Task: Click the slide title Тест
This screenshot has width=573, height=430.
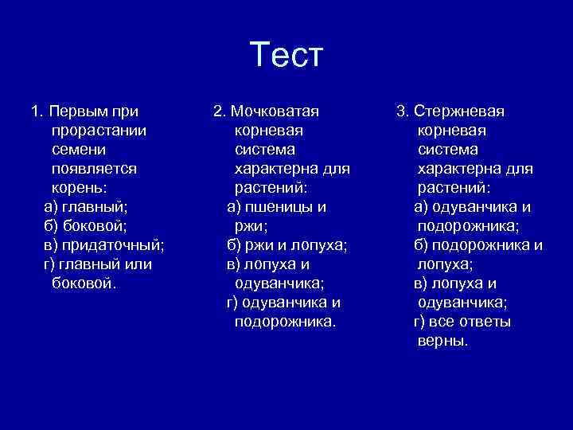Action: (x=286, y=55)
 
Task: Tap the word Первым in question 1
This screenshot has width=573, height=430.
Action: (x=84, y=111)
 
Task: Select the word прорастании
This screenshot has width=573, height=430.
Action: (x=98, y=130)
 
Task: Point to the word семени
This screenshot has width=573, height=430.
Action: (x=79, y=149)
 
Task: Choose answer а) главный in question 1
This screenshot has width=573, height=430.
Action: (x=85, y=206)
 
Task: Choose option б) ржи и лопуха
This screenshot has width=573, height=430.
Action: (x=287, y=244)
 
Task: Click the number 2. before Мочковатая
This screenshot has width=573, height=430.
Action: (x=220, y=111)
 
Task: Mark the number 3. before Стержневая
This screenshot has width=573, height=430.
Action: (x=403, y=111)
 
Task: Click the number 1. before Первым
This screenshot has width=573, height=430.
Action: (x=37, y=111)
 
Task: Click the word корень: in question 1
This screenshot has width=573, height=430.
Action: (x=79, y=187)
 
